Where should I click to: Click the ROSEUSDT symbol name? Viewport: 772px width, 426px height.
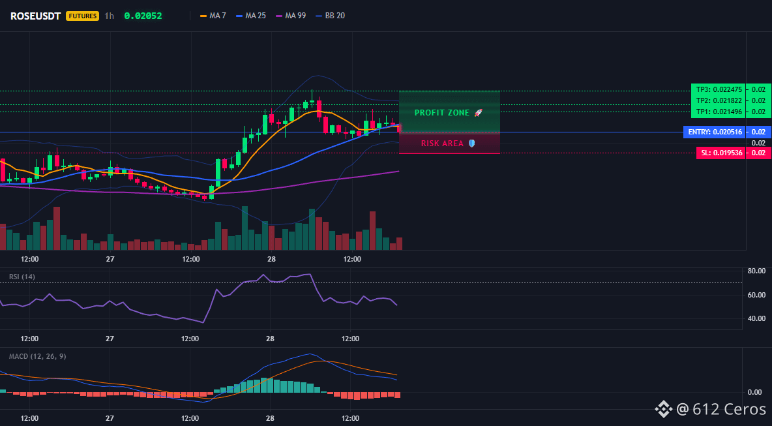pyautogui.click(x=35, y=16)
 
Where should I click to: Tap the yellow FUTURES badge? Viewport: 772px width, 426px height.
pyautogui.click(x=82, y=16)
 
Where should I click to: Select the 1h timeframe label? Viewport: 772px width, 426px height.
pyautogui.click(x=110, y=16)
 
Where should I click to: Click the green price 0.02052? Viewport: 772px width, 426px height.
pyautogui.click(x=143, y=16)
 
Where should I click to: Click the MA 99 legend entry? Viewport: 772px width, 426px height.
pyautogui.click(x=291, y=16)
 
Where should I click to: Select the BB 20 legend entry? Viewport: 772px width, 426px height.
pyautogui.click(x=330, y=16)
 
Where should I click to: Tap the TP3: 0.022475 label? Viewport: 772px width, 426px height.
pyautogui.click(x=719, y=89)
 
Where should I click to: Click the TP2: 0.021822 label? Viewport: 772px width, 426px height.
pyautogui.click(x=719, y=100)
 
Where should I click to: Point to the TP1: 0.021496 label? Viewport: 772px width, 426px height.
pyautogui.click(x=719, y=112)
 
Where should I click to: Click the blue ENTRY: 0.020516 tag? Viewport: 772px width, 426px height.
pyautogui.click(x=715, y=132)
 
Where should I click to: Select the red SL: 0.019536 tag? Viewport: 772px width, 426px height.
pyautogui.click(x=720, y=153)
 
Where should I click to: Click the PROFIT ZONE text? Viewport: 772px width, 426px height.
pyautogui.click(x=442, y=113)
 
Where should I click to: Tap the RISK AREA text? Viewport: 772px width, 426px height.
pyautogui.click(x=442, y=144)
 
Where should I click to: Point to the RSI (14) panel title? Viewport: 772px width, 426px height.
pyautogui.click(x=22, y=277)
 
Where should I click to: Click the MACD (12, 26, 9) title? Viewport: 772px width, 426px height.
pyautogui.click(x=37, y=356)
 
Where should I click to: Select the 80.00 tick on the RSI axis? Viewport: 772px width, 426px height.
pyautogui.click(x=756, y=271)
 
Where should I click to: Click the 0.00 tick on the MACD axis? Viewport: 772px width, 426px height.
pyautogui.click(x=755, y=392)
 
